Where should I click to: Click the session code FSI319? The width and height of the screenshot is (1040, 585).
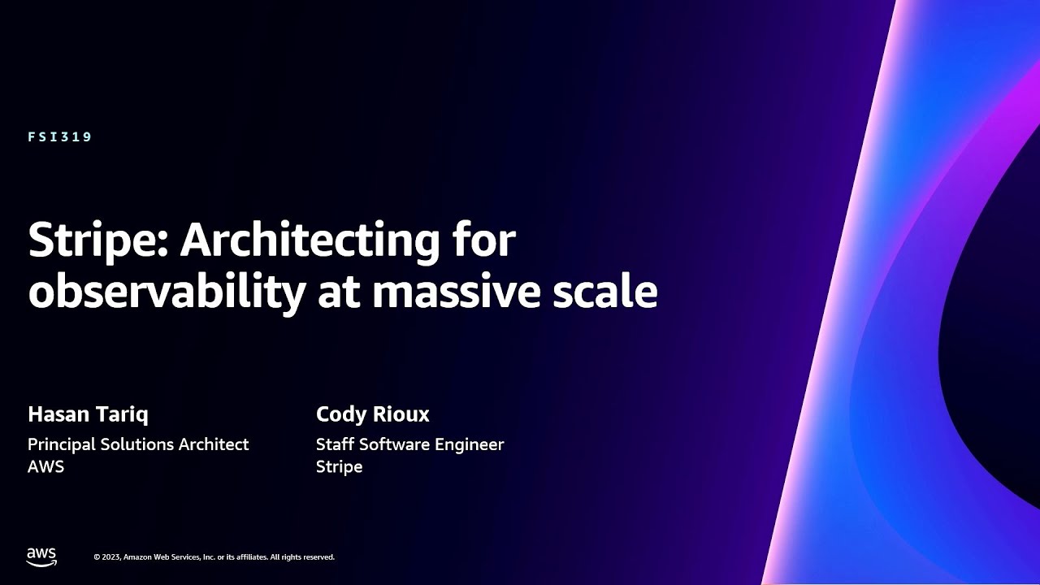click(x=60, y=137)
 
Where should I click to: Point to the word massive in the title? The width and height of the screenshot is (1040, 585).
click(x=457, y=292)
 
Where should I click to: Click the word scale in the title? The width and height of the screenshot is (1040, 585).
click(x=605, y=292)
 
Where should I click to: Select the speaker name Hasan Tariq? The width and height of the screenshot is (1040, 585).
click(x=89, y=414)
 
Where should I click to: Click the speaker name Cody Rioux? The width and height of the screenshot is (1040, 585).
click(x=373, y=414)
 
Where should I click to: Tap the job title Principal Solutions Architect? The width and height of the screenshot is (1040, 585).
click(x=138, y=444)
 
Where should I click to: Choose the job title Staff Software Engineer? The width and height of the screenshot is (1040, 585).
click(x=410, y=444)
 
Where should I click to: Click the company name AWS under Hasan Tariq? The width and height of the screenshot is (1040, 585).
click(x=46, y=466)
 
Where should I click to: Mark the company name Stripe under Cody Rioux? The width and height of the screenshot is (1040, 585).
click(x=340, y=467)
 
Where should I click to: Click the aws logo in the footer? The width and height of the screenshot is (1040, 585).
click(x=41, y=557)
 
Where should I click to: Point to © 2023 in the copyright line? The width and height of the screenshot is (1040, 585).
click(x=107, y=557)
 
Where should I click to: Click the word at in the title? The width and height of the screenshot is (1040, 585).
click(x=339, y=294)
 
